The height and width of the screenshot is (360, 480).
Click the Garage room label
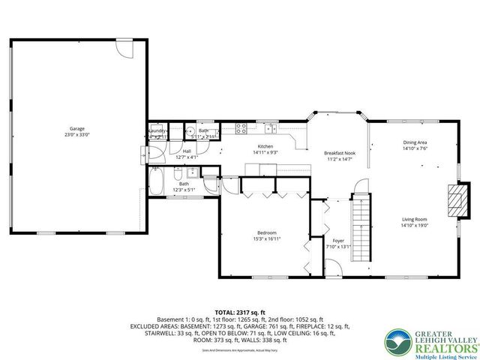tap(78, 128)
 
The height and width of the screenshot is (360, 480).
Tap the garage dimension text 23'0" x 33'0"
tap(78, 135)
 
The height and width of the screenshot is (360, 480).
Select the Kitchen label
tap(265, 146)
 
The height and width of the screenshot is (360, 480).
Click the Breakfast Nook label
tap(339, 152)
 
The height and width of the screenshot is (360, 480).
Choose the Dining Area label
tap(415, 142)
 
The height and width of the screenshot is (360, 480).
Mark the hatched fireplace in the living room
tap(454, 200)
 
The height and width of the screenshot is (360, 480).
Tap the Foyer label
tap(337, 241)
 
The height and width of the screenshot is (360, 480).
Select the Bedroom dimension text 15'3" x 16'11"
tap(266, 239)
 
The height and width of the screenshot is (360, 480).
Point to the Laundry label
tap(157, 130)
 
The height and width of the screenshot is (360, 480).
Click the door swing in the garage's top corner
tap(126, 51)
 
